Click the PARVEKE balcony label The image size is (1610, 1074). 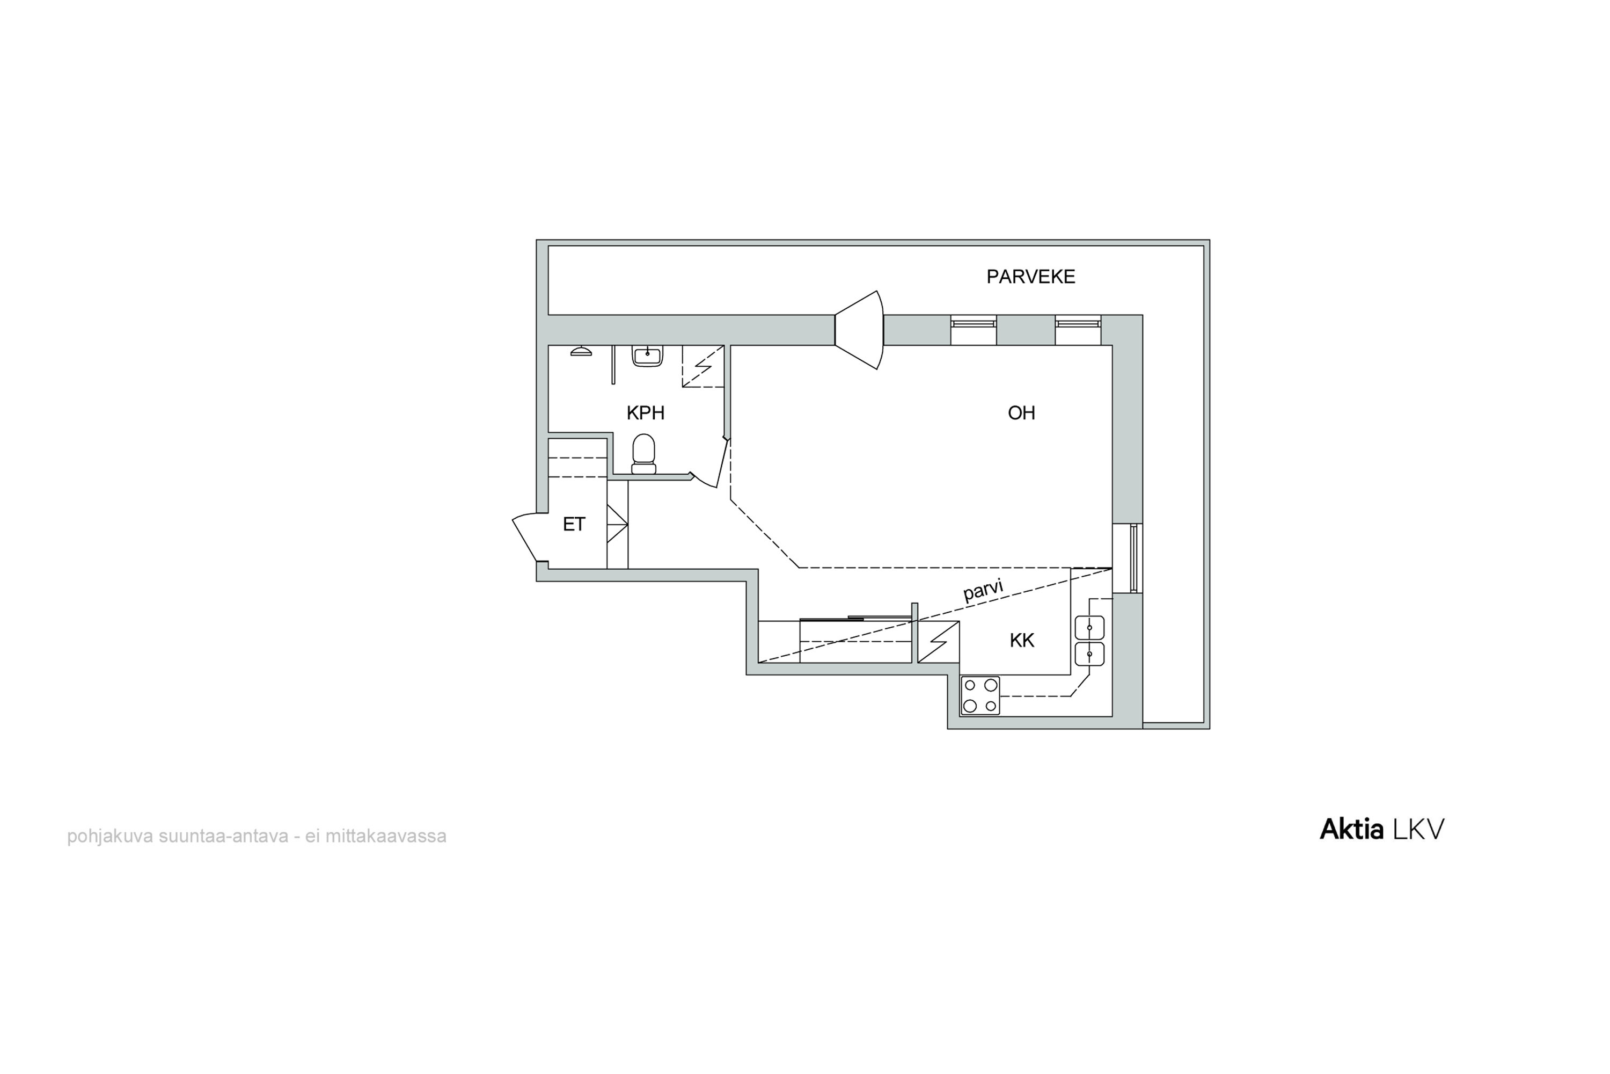point(1030,277)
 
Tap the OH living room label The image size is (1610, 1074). point(1021,413)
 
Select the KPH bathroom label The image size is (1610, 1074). point(646,413)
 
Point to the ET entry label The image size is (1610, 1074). point(574,525)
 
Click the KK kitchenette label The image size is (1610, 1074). point(1022,641)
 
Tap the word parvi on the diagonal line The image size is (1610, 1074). point(984,590)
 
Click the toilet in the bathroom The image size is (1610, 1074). point(643,453)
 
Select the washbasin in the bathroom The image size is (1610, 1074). point(647,355)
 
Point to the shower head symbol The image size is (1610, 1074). point(581,351)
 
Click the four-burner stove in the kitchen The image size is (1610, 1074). point(980,695)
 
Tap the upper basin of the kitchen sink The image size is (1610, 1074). point(1089,627)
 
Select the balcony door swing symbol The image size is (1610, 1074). point(859,330)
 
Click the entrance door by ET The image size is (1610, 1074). point(531,537)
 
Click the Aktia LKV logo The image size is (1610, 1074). point(1381,830)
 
